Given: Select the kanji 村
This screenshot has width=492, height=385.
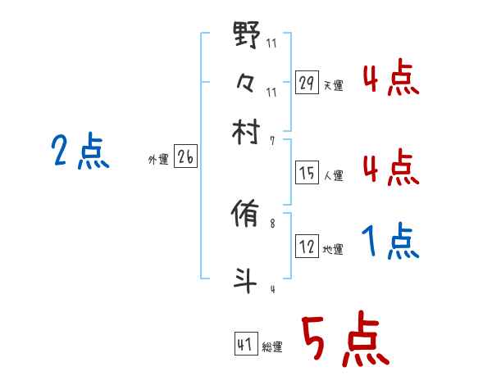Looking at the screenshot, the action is pyautogui.click(x=247, y=131).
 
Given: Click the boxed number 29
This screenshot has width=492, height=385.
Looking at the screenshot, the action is pyautogui.click(x=306, y=83).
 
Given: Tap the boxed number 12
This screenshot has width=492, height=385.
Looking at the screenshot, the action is pyautogui.click(x=306, y=247).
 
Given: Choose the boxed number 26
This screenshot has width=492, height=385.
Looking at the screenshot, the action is pyautogui.click(x=185, y=158).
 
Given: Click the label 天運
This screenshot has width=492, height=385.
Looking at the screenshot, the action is pyautogui.click(x=334, y=85).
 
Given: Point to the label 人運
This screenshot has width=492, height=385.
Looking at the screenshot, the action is pyautogui.click(x=334, y=174).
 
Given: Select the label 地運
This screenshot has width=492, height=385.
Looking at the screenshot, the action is pyautogui.click(x=334, y=250).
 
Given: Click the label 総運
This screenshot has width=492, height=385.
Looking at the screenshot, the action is pyautogui.click(x=272, y=346).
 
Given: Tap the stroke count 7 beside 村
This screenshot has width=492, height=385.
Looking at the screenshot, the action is pyautogui.click(x=272, y=141).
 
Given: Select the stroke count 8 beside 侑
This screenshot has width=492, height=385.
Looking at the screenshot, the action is pyautogui.click(x=272, y=223).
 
